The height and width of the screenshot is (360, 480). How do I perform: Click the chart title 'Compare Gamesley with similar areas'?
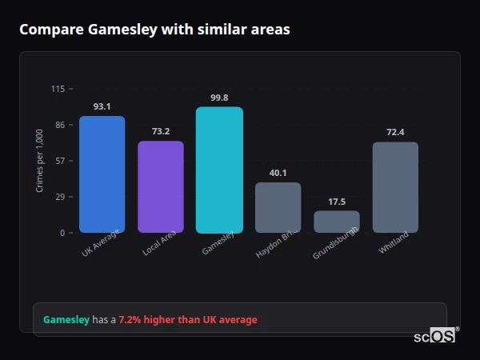(x=154, y=30)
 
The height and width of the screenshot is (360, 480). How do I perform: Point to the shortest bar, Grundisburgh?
(x=337, y=222)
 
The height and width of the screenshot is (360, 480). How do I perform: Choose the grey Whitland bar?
(x=395, y=187)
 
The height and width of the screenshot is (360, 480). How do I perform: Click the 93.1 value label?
(x=102, y=106)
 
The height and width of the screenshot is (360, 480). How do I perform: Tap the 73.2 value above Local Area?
(x=161, y=131)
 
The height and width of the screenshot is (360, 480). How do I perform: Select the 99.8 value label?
(x=219, y=98)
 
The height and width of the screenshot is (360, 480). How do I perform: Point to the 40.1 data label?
(x=278, y=173)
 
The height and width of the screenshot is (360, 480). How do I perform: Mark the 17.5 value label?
(x=337, y=202)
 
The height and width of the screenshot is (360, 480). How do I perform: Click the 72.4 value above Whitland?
(x=395, y=132)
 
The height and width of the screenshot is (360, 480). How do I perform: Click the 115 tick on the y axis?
(x=58, y=89)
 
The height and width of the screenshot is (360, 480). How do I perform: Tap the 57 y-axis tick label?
(x=60, y=161)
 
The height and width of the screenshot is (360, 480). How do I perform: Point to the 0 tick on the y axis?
(x=62, y=233)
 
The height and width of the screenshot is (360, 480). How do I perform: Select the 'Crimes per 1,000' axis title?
(x=40, y=161)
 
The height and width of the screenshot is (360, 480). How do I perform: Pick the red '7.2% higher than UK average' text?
(x=188, y=320)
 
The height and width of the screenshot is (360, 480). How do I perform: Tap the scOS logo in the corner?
(x=435, y=336)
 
